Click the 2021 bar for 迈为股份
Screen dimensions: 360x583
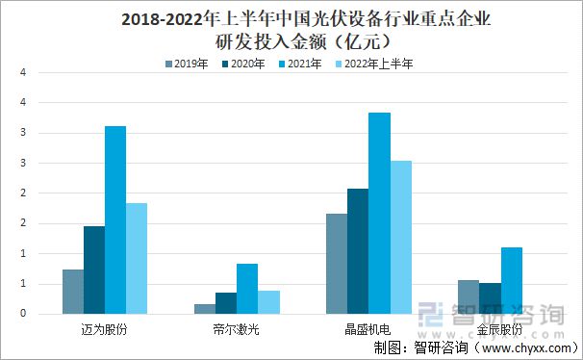pos(115,219)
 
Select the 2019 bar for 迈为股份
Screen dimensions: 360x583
pos(73,291)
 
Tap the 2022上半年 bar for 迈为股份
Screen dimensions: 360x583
pos(137,258)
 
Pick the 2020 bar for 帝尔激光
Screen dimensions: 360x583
pos(225,303)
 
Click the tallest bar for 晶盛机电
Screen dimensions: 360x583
pos(379,213)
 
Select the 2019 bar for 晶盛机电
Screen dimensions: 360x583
pos(337,264)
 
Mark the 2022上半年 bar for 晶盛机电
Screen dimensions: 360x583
pos(400,237)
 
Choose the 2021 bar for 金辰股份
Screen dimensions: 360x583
pos(511,280)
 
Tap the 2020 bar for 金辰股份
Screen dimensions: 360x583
pos(490,298)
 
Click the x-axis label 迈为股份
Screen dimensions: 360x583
pos(105,328)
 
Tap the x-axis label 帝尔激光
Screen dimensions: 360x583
pos(237,328)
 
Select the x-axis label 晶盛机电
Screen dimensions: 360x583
pos(368,328)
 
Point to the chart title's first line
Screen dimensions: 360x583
pos(291,18)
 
